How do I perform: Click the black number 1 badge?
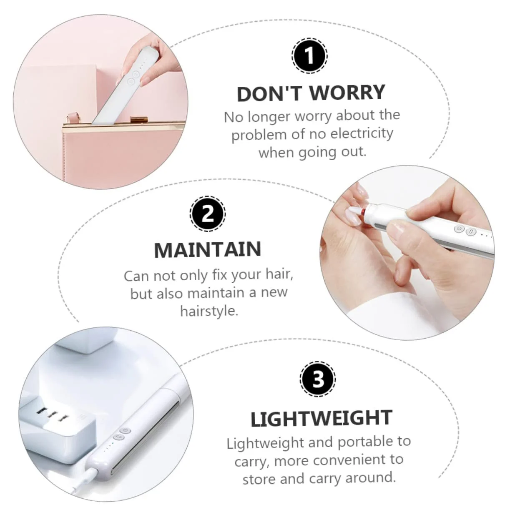(x=309, y=55)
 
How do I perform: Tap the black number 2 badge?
(x=208, y=214)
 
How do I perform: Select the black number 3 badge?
(x=318, y=379)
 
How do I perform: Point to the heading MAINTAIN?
(x=208, y=249)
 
